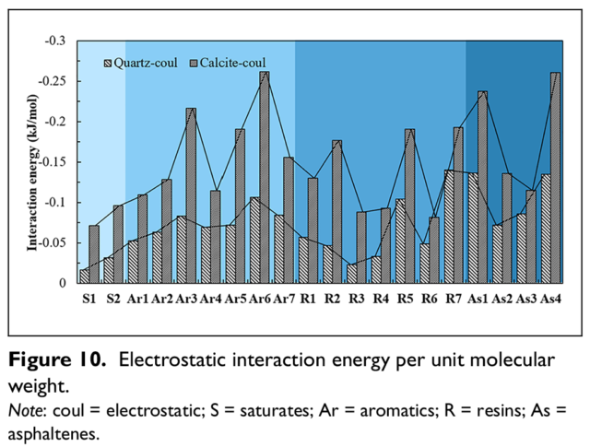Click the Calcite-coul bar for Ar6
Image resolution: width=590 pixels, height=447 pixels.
pyautogui.click(x=265, y=177)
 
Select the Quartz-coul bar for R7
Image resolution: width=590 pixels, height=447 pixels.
pyautogui.click(x=449, y=227)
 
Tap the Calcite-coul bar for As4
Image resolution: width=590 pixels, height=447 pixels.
pyautogui.click(x=555, y=178)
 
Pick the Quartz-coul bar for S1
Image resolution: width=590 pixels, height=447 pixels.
pyautogui.click(x=84, y=276)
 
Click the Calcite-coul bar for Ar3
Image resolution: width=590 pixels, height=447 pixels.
pyautogui.click(x=191, y=195)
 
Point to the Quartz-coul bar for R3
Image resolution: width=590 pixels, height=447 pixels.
pyautogui.click(x=352, y=274)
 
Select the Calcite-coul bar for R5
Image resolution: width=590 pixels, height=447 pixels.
pyautogui.click(x=409, y=206)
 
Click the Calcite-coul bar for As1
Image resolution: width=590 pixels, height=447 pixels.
pyautogui.click(x=483, y=187)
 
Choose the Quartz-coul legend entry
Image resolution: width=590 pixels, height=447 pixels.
pyautogui.click(x=140, y=64)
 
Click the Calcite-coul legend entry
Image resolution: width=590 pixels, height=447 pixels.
pyautogui.click(x=228, y=64)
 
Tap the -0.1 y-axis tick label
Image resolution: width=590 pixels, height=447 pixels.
pyautogui.click(x=55, y=203)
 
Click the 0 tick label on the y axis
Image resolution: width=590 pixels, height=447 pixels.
pyautogui.click(x=63, y=283)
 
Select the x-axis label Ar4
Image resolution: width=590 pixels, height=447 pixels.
pyautogui.click(x=210, y=300)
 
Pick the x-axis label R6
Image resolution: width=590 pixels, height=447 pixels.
pyautogui.click(x=430, y=300)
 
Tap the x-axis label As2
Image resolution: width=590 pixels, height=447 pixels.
pyautogui.click(x=501, y=300)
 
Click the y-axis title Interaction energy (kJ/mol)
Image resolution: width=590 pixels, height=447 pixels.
pyautogui.click(x=32, y=172)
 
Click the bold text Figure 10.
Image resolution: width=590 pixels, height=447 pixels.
pyautogui.click(x=57, y=360)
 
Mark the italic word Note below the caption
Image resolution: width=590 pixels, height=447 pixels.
pyautogui.click(x=25, y=410)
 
